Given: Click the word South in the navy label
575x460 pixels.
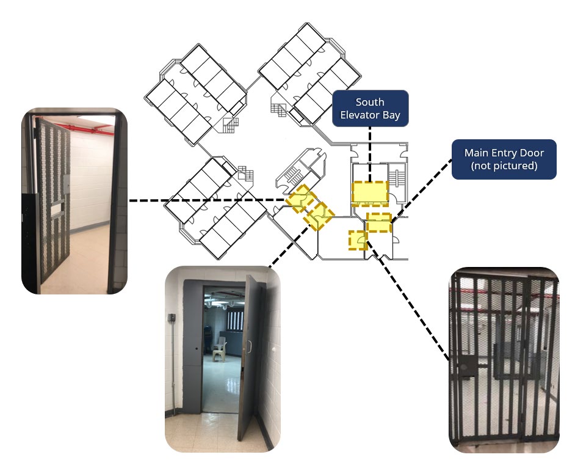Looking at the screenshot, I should pos(370,102).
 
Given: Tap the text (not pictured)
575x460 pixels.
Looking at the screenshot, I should pos(504,165).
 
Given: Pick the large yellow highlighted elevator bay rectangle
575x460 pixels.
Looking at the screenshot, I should pos(370,193).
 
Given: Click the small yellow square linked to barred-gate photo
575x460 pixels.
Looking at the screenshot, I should pos(357,240).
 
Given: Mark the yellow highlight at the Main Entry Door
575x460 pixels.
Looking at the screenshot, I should pos(378,223).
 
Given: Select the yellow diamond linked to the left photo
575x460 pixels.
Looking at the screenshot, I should pos(300,199).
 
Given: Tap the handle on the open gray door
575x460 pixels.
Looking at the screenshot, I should pos(248,348).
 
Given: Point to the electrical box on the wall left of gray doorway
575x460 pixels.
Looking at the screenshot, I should pos(172,318).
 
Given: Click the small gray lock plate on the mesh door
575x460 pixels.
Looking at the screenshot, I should pos(65,181).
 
